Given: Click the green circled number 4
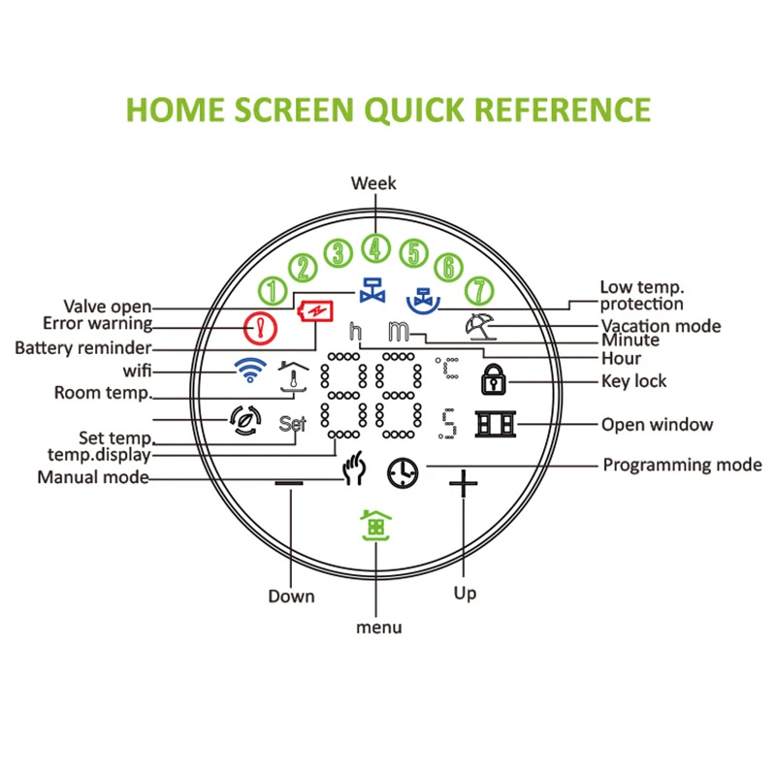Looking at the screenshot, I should [x=374, y=248].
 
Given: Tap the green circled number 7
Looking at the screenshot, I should [x=478, y=290].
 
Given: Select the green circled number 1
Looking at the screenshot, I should [x=273, y=290].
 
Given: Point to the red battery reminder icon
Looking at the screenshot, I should [x=317, y=312].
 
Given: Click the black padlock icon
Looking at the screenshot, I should [x=494, y=380].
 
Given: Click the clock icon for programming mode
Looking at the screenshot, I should [x=400, y=472].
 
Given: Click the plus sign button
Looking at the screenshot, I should [x=464, y=482].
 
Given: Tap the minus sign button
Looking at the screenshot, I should [x=288, y=481].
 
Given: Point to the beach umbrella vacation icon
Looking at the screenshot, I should [x=478, y=326].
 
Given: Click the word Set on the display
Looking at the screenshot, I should [x=292, y=424].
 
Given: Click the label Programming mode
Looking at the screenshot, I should [x=682, y=465].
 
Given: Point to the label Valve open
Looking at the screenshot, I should [x=107, y=307].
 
